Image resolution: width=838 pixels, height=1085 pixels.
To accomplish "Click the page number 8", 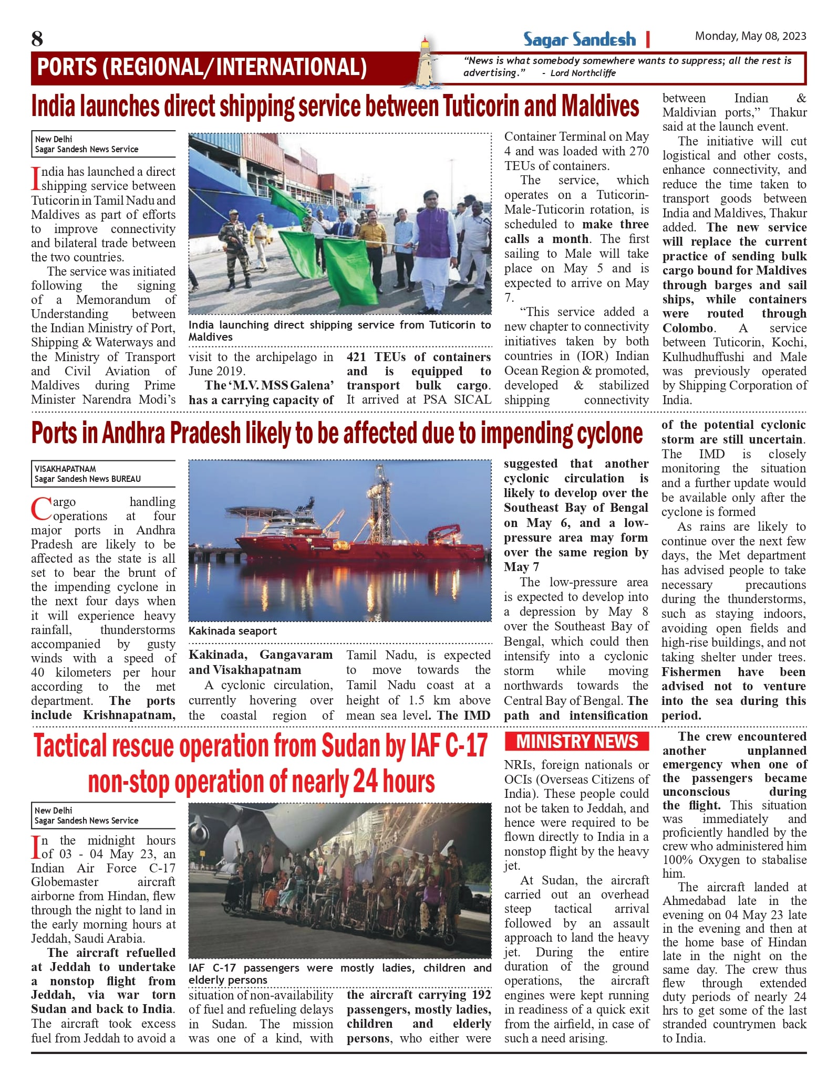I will pos(37,39).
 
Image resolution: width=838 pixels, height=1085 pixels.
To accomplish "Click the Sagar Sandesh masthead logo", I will pos(579,39).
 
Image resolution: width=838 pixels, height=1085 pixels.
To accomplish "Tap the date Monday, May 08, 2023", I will pos(750,36).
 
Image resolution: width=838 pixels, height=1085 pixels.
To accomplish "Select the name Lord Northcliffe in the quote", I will pos(583,73).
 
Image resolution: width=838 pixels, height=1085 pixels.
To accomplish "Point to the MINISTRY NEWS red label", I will pos(576,741).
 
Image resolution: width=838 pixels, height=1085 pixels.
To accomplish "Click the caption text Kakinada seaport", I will pos(233,631).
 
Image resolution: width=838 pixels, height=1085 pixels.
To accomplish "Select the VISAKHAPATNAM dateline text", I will pos(65,469).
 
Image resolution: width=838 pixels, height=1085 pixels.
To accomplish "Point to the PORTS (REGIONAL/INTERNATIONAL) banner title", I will pos(202,67).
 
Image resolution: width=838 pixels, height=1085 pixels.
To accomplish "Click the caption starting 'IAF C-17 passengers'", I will pos(339,974).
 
